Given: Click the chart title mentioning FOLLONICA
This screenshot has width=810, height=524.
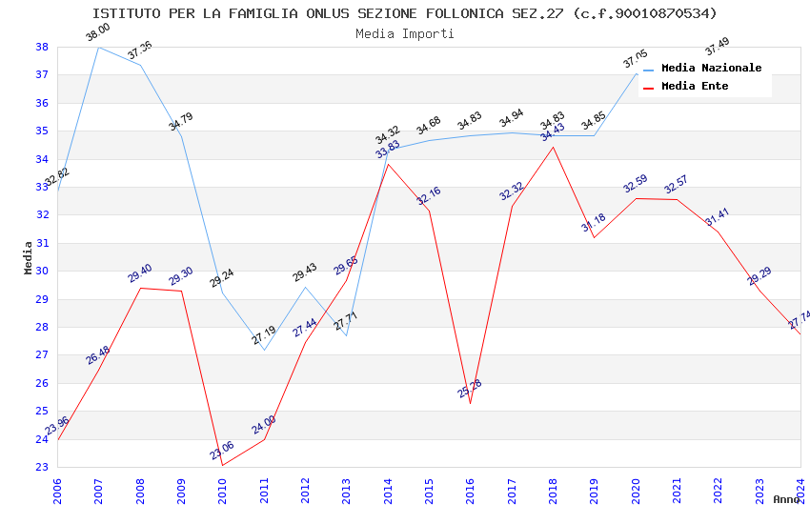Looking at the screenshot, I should point(404,13).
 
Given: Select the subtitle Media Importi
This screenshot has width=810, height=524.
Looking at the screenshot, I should point(404,33).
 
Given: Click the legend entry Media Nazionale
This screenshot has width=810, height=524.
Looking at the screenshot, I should point(711,69).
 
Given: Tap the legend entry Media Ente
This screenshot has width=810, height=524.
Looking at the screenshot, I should point(695,86).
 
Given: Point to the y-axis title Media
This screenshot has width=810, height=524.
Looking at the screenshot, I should point(28,257).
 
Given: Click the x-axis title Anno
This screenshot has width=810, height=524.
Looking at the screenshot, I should point(786,499).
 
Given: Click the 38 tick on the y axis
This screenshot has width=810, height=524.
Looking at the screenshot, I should point(42,47).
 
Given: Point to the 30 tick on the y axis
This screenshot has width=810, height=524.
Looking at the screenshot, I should point(42,271).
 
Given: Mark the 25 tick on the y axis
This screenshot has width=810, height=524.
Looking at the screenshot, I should point(42,411).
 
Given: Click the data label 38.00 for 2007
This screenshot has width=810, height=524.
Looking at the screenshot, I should point(97,32).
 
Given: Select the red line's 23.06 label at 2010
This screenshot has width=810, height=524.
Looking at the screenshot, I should point(221,451).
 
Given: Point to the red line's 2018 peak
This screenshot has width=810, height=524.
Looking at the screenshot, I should point(553,147).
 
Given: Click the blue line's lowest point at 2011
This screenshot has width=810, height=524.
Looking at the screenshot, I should point(264,350).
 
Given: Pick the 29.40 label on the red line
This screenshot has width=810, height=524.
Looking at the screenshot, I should point(140,273).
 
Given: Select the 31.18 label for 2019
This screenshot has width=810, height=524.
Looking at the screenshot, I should point(593,224).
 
